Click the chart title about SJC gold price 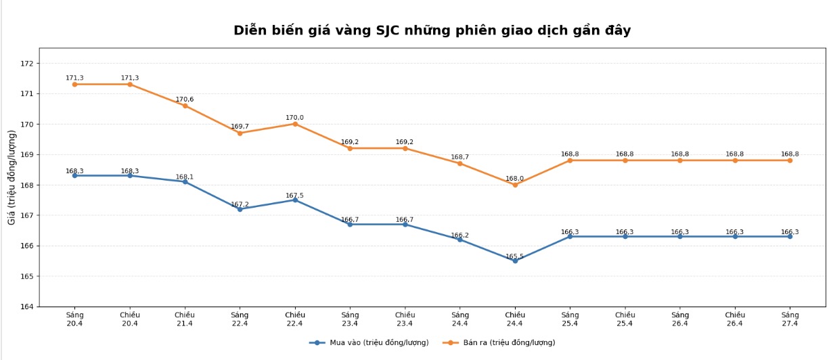(432, 30)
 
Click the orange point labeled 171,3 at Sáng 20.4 (74, 85)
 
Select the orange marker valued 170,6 (185, 106)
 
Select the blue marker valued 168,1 (185, 181)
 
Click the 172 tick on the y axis (27, 64)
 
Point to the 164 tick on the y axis (27, 307)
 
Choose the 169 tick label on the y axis (27, 155)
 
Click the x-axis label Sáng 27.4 (790, 319)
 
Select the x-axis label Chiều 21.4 (185, 319)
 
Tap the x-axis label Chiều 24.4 (515, 319)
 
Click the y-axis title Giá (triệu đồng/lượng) (12, 177)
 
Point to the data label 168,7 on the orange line (459, 157)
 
